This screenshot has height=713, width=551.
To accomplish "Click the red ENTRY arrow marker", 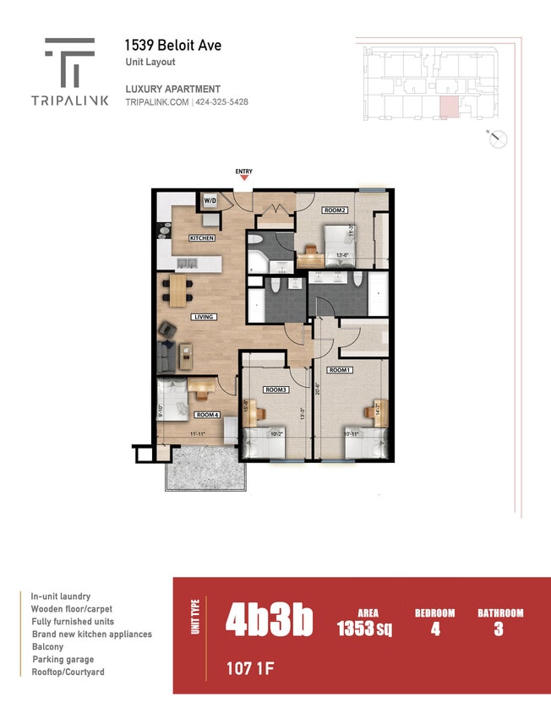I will (x=244, y=178).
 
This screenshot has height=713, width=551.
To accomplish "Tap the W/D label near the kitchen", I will (x=210, y=202).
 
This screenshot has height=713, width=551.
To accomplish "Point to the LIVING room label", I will (x=204, y=317).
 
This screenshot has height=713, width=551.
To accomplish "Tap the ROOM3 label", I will (x=275, y=389).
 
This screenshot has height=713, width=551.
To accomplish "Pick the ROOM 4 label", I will (x=207, y=415).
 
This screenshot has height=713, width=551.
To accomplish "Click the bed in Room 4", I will (x=172, y=400).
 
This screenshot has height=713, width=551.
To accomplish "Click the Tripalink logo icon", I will (x=69, y=63).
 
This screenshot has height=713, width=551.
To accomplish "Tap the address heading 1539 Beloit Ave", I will (x=172, y=45).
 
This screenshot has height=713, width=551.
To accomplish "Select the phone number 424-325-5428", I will (x=222, y=102).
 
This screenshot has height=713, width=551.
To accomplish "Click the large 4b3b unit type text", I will (x=269, y=621).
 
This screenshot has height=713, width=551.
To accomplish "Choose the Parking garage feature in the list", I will (x=63, y=659).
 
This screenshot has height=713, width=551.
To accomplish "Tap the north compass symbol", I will (x=499, y=139).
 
